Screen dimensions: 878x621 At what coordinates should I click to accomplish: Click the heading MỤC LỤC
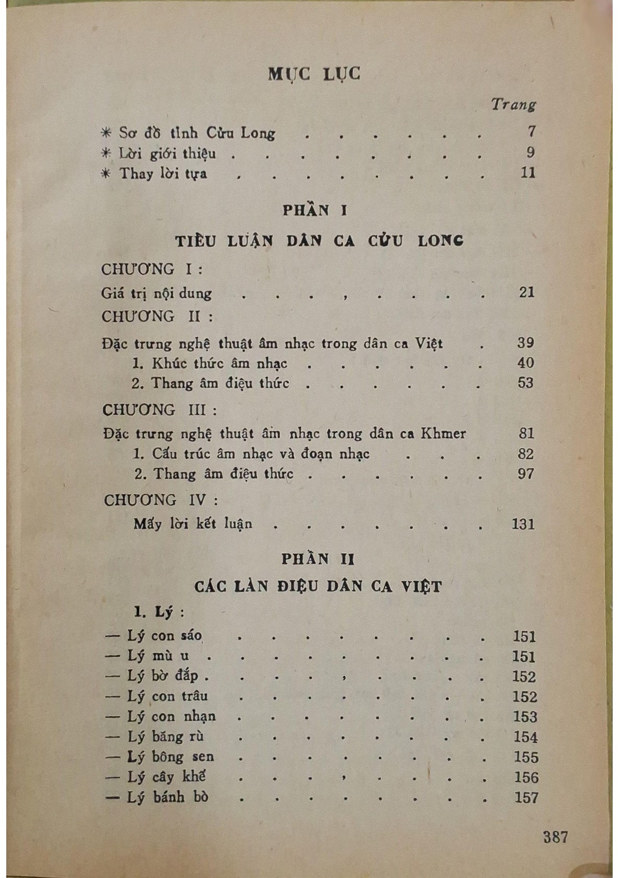coord(314,75)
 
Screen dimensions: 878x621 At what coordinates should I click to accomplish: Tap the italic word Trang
coord(513,104)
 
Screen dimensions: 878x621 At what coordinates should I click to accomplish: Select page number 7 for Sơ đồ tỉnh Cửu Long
coord(531,131)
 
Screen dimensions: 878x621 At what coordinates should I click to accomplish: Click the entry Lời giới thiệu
coord(167,154)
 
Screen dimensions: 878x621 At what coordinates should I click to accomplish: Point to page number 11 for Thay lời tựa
coord(528,173)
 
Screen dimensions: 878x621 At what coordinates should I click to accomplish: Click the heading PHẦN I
coord(315,210)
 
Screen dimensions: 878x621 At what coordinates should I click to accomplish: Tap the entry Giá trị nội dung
coord(157,293)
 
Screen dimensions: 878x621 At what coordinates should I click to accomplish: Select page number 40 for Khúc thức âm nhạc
coord(526,363)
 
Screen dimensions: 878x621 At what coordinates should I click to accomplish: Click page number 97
coord(526,474)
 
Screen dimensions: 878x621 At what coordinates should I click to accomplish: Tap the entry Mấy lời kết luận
coord(193,524)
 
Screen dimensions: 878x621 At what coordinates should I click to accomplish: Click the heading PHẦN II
coord(318,559)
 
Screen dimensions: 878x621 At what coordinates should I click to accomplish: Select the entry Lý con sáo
coord(164,636)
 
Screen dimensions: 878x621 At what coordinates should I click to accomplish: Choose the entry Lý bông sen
coord(170,757)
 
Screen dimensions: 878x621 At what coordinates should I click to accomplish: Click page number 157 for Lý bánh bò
coord(525,798)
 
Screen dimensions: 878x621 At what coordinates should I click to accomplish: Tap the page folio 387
coord(555,837)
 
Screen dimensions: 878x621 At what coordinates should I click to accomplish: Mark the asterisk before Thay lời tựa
coord(106,173)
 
